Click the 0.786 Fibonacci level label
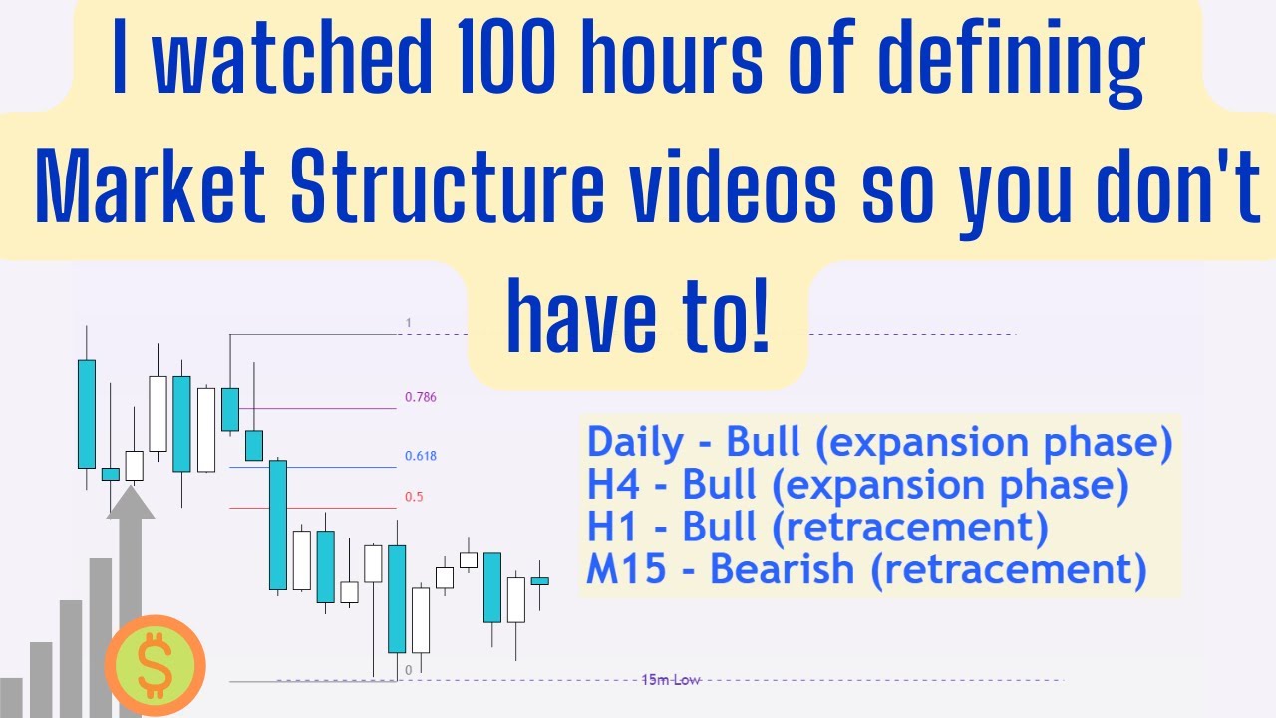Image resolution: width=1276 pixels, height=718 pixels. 420,397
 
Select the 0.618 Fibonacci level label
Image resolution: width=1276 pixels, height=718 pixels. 420,456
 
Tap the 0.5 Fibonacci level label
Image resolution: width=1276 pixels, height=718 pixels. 414,497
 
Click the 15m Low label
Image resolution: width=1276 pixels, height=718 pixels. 671,680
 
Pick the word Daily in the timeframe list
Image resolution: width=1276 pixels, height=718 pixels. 636,442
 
